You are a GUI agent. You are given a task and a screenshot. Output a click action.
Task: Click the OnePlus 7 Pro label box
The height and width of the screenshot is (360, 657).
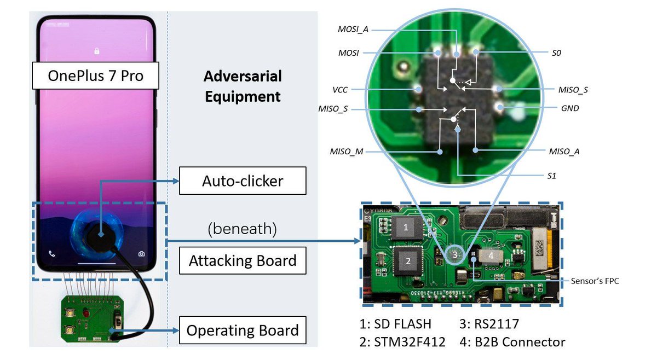96,76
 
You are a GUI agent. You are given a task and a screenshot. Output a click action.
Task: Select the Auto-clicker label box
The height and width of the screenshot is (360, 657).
243,181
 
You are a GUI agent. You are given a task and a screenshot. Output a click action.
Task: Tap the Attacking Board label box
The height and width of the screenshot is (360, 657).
243,260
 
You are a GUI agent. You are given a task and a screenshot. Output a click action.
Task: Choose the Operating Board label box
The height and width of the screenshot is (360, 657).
243,330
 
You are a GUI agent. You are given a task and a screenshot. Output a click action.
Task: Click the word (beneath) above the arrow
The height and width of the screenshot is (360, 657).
242,229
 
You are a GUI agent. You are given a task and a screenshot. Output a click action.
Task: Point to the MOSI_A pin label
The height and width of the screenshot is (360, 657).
353,30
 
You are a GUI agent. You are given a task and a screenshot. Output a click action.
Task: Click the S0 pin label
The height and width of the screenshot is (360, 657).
556,53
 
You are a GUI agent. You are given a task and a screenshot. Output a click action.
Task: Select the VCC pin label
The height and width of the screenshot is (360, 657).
340,90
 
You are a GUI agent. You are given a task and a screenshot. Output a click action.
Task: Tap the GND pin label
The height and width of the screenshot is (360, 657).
570,108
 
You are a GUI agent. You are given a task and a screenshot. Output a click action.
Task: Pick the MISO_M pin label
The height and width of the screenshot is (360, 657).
347,152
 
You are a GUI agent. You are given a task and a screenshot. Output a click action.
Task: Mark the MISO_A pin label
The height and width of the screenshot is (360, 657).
564,152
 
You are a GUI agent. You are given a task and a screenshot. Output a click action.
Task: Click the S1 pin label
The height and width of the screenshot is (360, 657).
551,176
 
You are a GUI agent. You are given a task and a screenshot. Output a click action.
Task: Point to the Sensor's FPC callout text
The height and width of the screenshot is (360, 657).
595,281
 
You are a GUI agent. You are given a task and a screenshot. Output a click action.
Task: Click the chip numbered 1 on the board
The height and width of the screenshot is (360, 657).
406,228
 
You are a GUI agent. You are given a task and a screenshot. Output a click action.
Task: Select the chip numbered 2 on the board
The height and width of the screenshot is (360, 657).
408,261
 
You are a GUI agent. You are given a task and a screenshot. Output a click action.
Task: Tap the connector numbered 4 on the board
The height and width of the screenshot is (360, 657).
491,256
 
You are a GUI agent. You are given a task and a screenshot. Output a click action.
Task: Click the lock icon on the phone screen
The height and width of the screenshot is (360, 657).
97,51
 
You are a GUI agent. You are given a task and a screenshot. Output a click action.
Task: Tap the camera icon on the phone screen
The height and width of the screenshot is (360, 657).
141,253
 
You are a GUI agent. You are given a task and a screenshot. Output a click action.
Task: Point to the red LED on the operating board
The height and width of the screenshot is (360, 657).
86,313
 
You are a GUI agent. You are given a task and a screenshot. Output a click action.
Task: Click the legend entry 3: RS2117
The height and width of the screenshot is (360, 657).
489,324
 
